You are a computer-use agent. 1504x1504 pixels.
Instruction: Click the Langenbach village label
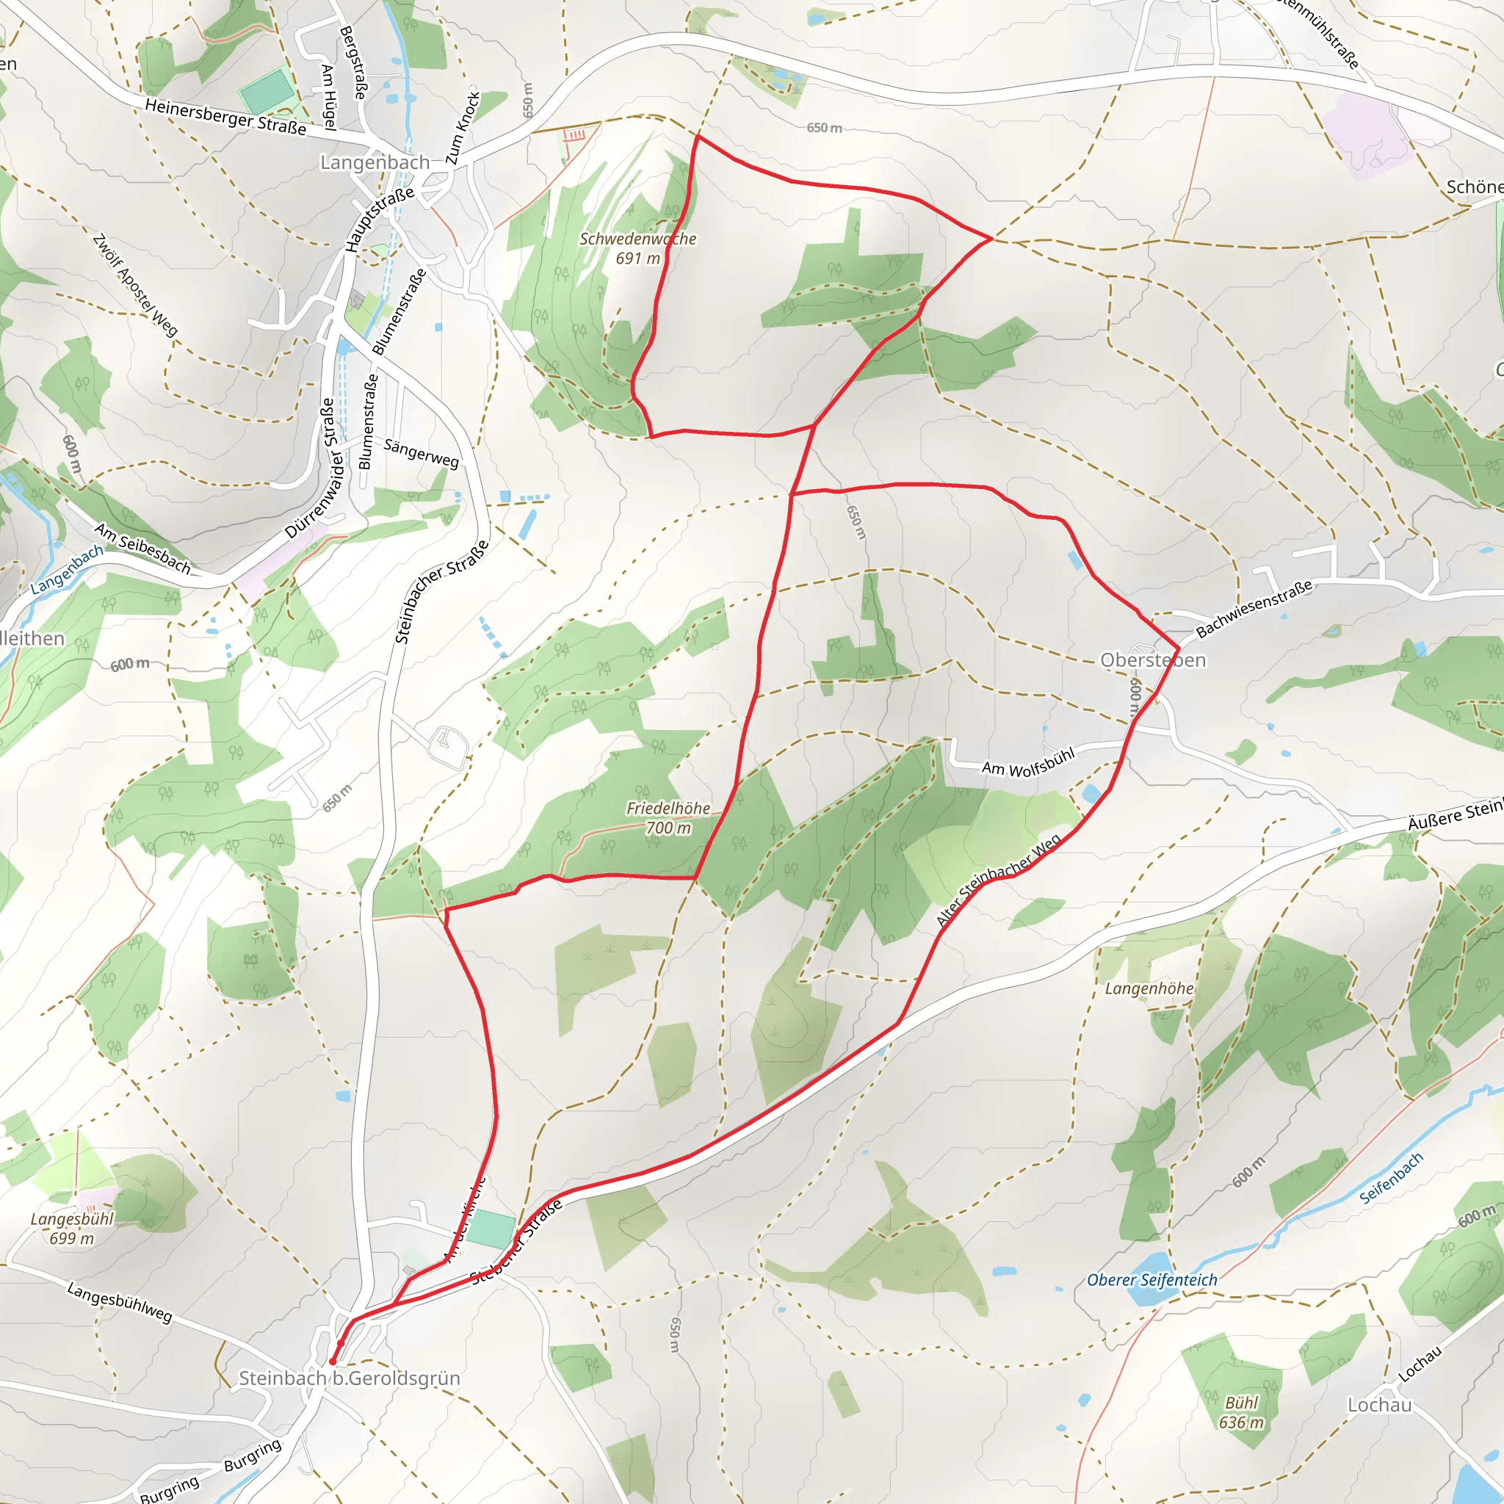pyautogui.click(x=375, y=163)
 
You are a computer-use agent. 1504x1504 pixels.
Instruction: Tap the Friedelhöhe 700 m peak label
pyautogui.click(x=668, y=818)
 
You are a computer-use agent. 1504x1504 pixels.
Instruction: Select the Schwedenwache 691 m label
pyautogui.click(x=637, y=248)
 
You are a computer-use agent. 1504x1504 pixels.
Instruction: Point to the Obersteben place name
pyautogui.click(x=1152, y=660)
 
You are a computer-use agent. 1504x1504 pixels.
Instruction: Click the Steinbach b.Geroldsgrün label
pyautogui.click(x=349, y=1378)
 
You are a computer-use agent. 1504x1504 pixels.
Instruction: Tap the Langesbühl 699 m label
pyautogui.click(x=72, y=1229)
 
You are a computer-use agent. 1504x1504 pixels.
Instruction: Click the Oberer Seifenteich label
pyautogui.click(x=1151, y=1280)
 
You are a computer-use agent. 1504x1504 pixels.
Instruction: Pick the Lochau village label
pyautogui.click(x=1379, y=1405)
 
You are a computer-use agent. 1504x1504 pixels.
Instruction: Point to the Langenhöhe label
pyautogui.click(x=1149, y=988)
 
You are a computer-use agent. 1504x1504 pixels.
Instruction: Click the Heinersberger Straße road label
pyautogui.click(x=225, y=117)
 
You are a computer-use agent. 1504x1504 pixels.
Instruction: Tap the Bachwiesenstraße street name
pyautogui.click(x=1254, y=609)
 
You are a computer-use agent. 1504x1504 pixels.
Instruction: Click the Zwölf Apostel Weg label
pyautogui.click(x=134, y=285)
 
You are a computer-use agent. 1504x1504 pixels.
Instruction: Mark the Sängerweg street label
pyautogui.click(x=421, y=453)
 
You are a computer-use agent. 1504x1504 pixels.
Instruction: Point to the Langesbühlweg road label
pyautogui.click(x=119, y=1302)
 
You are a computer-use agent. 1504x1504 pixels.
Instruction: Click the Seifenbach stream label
pyautogui.click(x=1391, y=1179)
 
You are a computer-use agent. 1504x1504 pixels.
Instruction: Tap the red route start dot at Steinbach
pyautogui.click(x=333, y=1362)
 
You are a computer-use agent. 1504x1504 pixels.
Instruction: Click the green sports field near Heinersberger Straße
pyautogui.click(x=267, y=91)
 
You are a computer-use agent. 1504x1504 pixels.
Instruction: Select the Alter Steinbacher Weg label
pyautogui.click(x=998, y=881)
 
